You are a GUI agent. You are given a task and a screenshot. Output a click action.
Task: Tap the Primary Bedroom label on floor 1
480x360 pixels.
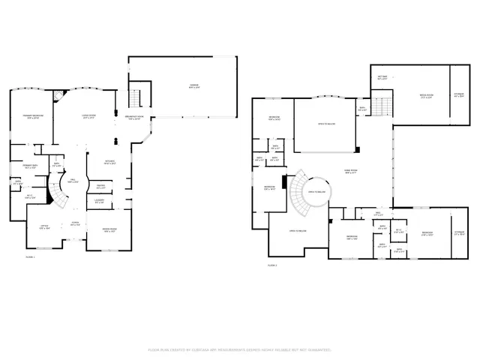click(31, 117)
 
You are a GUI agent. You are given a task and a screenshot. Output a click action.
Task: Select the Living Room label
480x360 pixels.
click(88, 117)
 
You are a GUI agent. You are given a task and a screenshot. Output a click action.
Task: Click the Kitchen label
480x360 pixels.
click(109, 163)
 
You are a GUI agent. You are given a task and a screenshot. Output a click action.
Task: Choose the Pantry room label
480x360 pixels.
click(100, 187)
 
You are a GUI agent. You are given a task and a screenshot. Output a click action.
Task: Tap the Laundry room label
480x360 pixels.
click(100, 201)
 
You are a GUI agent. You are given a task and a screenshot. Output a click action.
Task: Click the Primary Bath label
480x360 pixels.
click(31, 166)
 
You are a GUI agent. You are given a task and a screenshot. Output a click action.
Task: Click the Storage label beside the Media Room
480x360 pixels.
click(459, 95)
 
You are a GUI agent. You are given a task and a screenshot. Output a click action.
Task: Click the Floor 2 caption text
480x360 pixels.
click(273, 265)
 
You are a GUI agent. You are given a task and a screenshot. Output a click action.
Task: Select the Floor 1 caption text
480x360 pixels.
click(31, 256)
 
